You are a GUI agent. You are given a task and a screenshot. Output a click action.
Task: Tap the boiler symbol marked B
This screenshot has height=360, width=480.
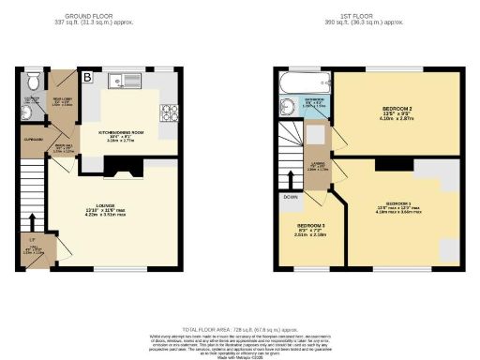[86, 77]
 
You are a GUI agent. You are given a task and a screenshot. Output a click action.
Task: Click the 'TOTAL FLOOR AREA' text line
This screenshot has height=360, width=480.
[240, 328]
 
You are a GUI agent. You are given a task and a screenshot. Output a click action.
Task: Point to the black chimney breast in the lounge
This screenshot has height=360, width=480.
[118, 168]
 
